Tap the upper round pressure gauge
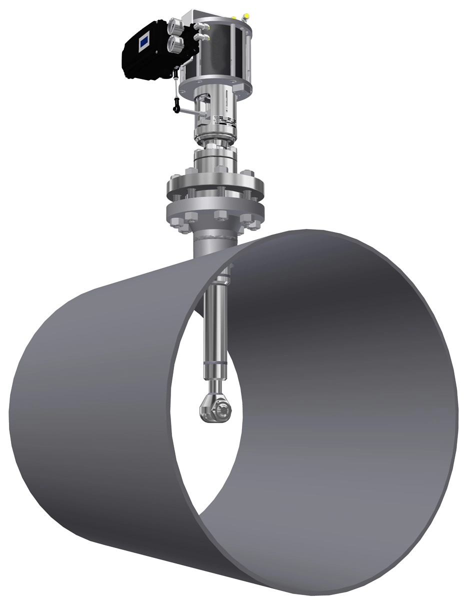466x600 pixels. (176, 25)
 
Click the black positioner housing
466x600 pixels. (150, 55)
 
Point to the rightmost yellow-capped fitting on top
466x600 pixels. (244, 15)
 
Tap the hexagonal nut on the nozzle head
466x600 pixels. (221, 411)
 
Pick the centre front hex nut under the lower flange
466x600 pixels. (220, 215)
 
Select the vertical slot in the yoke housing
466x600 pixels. (226, 100)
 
